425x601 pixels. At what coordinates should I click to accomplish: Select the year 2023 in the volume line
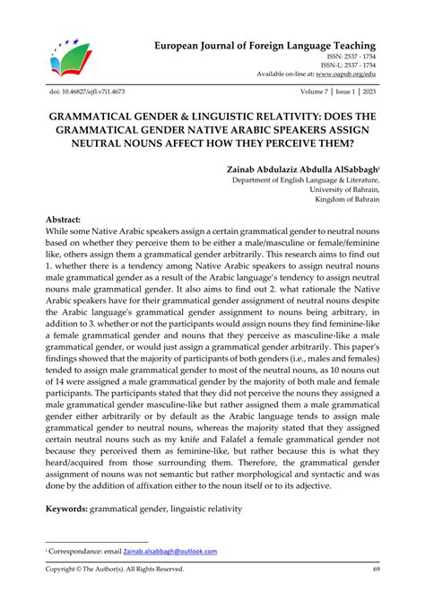click(369, 92)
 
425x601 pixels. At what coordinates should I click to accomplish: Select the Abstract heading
click(63, 220)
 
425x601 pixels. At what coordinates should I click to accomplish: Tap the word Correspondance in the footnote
click(76, 551)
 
